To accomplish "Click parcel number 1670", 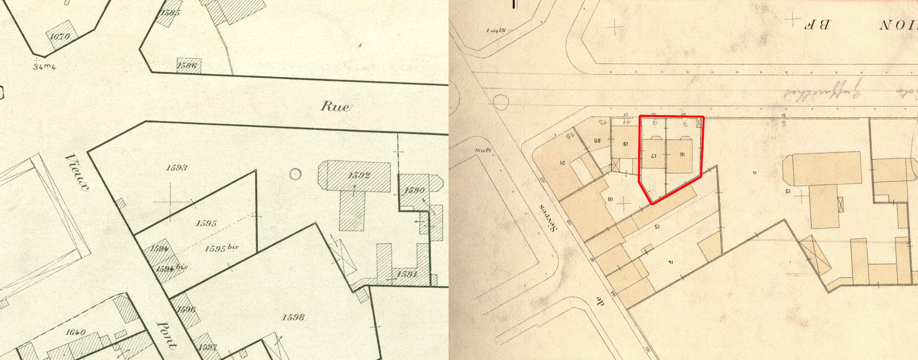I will pos(59,36).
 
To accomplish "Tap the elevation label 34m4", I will pos(44,67).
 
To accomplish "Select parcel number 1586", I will pos(187,66).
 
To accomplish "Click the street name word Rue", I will pos(336,107).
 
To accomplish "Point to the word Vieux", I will pos(77,172).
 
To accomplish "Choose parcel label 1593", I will pos(176,168).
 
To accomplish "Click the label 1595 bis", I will pos(221,248).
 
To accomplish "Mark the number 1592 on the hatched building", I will pos(359,175).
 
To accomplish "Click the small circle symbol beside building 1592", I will pos(295,174).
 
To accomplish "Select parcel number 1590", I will pos(414,190).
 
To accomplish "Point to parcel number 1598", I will pos(293,317).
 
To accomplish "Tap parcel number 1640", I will pos(76,332).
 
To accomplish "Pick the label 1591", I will pos(406,274).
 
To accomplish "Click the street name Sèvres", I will pos(548,218).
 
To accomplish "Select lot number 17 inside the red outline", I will pos(654,156).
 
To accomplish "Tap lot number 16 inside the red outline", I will pos(682,155).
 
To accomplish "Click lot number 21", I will pos(563,162).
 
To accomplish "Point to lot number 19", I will pos(625,144).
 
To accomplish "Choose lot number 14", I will pos(670,262).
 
